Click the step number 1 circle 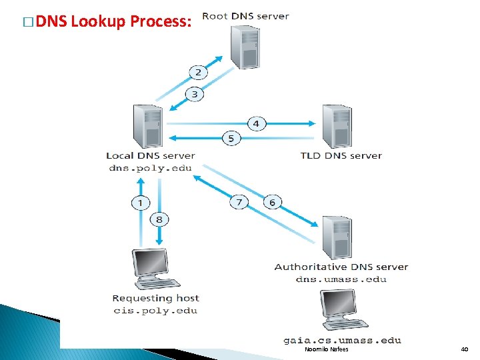point(141,202)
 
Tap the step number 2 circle point(198,72)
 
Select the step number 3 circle point(195,94)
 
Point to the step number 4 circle point(256,123)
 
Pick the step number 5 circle point(231,139)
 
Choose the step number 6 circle point(272,202)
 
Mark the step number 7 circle point(239,202)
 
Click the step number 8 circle point(159,219)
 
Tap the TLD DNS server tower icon point(337,127)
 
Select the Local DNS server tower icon point(148,127)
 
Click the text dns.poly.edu point(150,168)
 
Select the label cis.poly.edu point(155,310)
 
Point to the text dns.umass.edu point(341,279)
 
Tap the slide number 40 point(465,349)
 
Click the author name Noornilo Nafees point(326,349)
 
